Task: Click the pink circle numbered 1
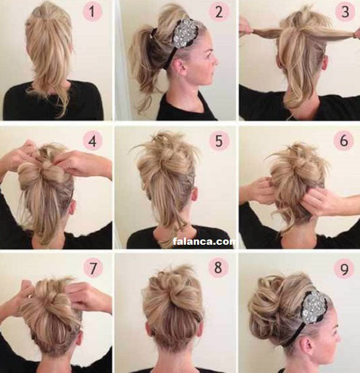92,12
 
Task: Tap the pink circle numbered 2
219,12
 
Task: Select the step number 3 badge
345,12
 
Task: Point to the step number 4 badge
92,141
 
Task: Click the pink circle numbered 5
219,141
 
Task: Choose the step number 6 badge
344,141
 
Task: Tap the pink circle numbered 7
93,268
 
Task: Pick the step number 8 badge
218,268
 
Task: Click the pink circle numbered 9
344,268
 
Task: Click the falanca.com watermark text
204,241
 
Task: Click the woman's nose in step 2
215,61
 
